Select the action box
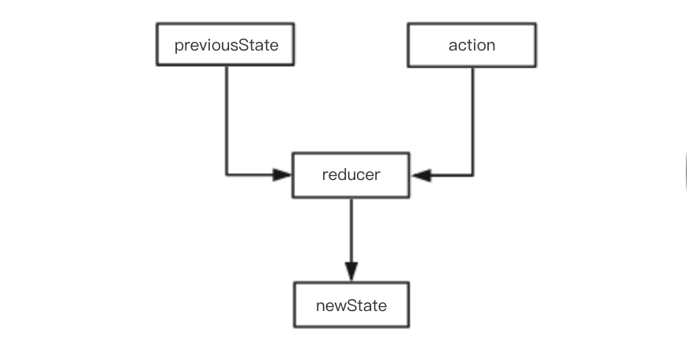point(471,44)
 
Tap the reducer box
point(351,174)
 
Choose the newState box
point(351,304)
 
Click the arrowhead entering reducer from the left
point(283,174)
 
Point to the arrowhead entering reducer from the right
point(421,174)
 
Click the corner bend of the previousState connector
point(227,174)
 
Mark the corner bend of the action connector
point(473,174)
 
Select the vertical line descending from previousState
point(227,118)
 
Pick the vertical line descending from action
point(473,118)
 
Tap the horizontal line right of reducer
point(450,174)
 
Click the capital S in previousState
point(247,45)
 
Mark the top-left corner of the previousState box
point(156,24)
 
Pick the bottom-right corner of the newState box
point(409,326)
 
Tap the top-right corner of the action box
point(535,24)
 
